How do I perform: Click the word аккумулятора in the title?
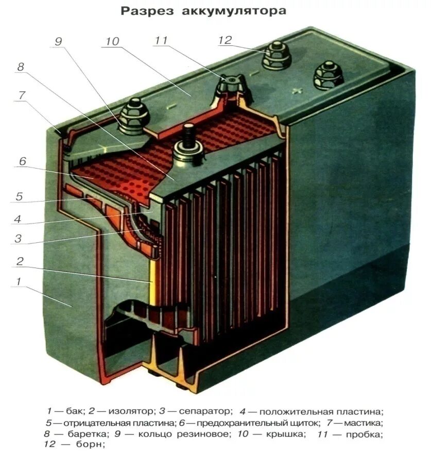click(234, 11)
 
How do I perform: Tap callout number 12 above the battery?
click(225, 40)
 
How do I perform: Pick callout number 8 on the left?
click(21, 67)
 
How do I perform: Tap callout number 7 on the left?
click(21, 95)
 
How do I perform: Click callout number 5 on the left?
click(19, 196)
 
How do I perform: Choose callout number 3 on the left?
click(18, 239)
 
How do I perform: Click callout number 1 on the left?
click(19, 282)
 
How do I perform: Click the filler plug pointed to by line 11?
click(230, 84)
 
